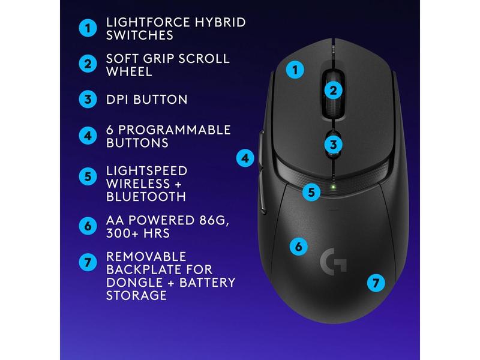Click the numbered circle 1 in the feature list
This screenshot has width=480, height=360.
pos(88,28)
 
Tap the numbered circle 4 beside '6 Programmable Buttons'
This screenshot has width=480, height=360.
pos(88,136)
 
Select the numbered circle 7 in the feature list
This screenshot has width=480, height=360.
pos(88,262)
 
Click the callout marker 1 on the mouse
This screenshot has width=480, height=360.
pos(294,70)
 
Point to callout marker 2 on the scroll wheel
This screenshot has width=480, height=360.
pos(334,91)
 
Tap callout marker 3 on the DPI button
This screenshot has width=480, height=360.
pos(334,144)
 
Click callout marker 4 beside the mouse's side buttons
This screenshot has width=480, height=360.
pos(245,159)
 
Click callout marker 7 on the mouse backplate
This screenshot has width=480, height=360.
pos(376,281)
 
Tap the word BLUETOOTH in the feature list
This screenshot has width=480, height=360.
pos(146,196)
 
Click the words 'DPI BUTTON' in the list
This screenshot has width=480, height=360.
pos(147,100)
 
